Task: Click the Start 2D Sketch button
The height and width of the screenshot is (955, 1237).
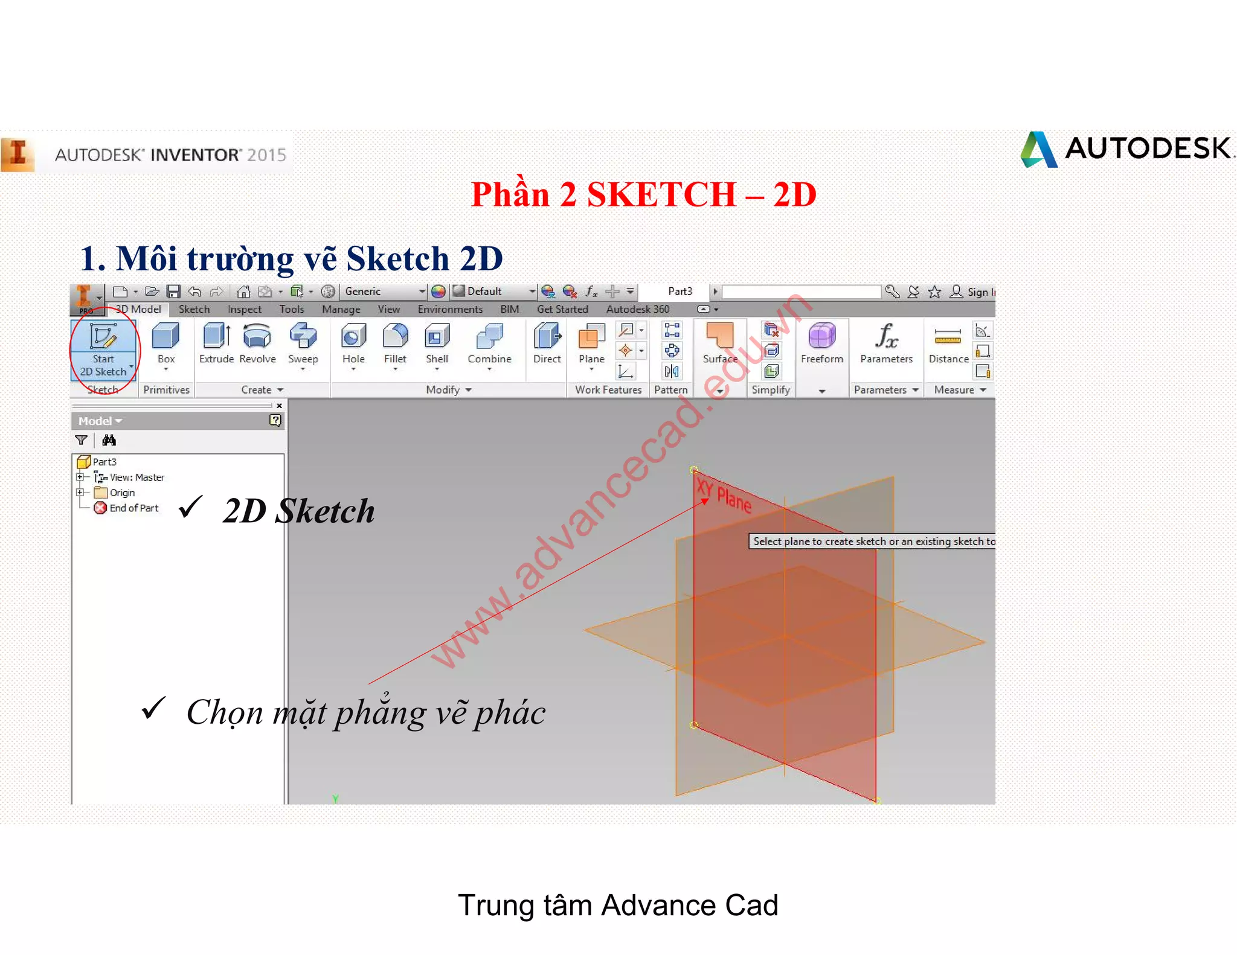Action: click(103, 349)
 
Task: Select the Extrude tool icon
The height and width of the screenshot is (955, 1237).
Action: click(216, 336)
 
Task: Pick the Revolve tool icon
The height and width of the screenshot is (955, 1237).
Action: click(257, 336)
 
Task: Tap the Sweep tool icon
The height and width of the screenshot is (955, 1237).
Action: click(303, 336)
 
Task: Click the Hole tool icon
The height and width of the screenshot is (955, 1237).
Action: click(353, 336)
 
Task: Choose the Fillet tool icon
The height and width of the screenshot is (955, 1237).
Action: click(395, 336)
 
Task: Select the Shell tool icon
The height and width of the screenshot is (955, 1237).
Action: click(437, 336)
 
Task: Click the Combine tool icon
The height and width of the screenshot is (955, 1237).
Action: click(489, 336)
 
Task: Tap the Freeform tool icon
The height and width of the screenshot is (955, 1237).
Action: click(822, 336)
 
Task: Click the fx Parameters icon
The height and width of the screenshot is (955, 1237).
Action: click(887, 336)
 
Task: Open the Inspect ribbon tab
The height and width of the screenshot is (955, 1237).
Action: click(244, 310)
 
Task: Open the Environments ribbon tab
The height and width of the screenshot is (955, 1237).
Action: click(450, 310)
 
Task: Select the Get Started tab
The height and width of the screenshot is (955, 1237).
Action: click(562, 310)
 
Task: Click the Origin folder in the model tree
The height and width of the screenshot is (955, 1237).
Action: click(121, 493)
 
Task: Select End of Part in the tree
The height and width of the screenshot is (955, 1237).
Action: click(133, 508)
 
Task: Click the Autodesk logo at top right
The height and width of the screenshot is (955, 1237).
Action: click(1126, 149)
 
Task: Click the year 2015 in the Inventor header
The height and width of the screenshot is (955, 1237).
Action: click(266, 155)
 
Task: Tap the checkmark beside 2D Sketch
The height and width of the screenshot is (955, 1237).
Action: click(190, 507)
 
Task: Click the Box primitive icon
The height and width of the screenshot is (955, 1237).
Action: click(165, 336)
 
